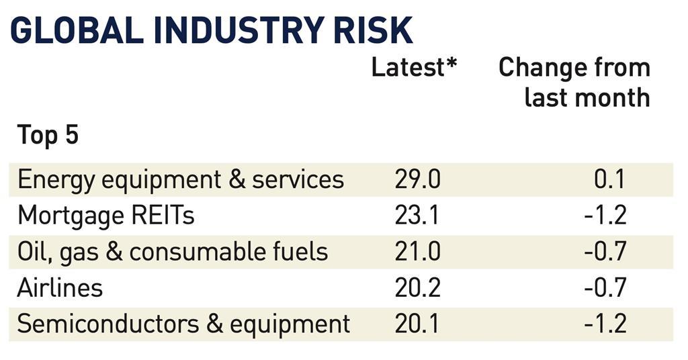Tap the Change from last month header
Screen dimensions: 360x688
click(x=575, y=82)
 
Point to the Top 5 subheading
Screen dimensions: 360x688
click(x=48, y=135)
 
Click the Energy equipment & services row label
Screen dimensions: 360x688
click(x=181, y=180)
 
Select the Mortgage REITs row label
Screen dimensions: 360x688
click(x=105, y=216)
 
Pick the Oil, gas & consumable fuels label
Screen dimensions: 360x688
click(x=173, y=252)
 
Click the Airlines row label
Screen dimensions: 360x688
click(x=60, y=288)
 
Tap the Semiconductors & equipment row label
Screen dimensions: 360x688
click(x=183, y=324)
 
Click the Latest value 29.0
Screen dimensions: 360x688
click(x=417, y=180)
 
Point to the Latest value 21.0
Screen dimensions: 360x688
click(x=417, y=252)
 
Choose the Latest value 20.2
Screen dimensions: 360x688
click(x=417, y=288)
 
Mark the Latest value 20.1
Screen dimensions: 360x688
click(x=417, y=324)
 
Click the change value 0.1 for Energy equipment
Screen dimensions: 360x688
click(x=610, y=180)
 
